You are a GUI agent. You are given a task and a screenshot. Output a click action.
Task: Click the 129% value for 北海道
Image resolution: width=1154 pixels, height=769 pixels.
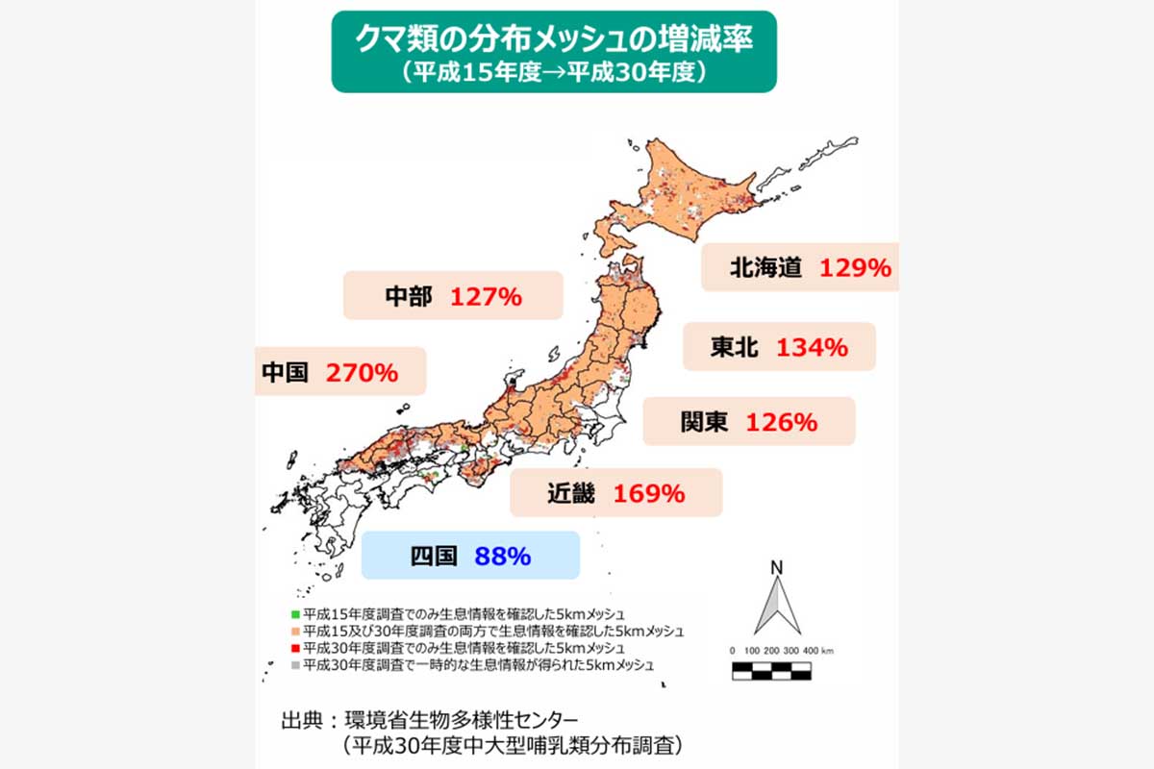point(855,268)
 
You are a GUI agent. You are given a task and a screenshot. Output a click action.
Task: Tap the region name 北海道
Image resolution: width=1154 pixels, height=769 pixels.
point(765,268)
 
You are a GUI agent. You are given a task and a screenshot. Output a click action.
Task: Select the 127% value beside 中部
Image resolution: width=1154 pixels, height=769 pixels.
point(486,297)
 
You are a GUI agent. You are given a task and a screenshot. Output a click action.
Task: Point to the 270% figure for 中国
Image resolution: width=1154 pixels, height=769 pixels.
point(362,373)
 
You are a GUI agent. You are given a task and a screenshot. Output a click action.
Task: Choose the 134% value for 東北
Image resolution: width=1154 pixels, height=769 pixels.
point(812,347)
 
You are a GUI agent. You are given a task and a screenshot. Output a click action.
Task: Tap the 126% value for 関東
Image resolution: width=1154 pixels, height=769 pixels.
point(781,422)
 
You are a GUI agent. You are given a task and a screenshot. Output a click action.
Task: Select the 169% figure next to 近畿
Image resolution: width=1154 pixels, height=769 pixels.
point(649,494)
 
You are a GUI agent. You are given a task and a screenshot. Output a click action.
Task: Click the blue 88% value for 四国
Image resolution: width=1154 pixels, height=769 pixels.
point(502,557)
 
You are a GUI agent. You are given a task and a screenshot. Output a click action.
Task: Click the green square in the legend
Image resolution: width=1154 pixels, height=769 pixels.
point(295,613)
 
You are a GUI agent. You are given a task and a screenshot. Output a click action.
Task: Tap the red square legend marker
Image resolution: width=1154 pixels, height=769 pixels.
point(295,648)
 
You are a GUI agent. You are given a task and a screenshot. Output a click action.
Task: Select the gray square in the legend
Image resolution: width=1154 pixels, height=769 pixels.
point(295,665)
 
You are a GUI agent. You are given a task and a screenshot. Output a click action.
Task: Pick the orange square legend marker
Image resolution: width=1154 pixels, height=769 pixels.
point(295,631)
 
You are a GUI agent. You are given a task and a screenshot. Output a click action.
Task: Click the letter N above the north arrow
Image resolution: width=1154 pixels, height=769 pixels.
point(775,568)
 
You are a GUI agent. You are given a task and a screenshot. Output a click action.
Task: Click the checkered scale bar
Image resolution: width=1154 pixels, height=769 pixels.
point(771,671)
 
